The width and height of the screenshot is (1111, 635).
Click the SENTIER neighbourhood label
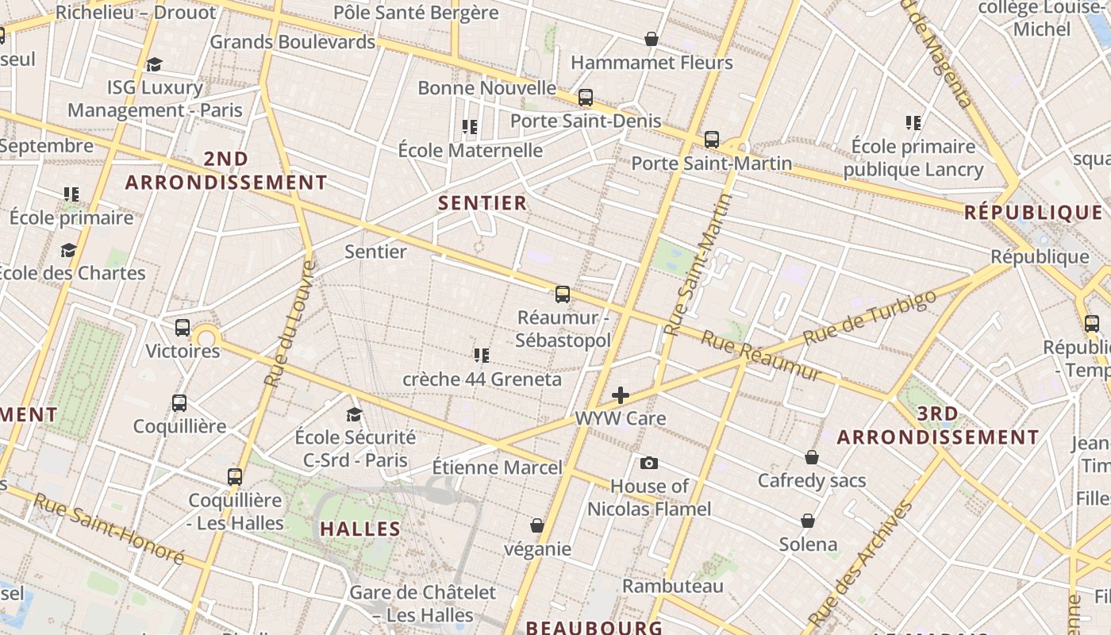482,203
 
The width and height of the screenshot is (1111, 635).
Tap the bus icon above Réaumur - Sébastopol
563,294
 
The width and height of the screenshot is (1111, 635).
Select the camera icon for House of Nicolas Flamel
649,464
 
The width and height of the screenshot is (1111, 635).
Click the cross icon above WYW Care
621,394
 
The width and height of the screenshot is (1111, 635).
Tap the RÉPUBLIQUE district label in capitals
1033,213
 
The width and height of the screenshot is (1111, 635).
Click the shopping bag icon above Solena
808,521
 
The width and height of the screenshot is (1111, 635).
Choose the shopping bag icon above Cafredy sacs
812,457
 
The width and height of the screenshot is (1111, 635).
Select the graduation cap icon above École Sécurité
354,414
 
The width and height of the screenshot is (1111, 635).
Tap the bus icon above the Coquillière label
179,403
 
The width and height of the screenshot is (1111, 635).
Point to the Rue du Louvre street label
290,324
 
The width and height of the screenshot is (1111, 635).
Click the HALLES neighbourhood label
360,529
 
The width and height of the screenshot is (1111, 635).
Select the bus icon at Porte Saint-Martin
712,140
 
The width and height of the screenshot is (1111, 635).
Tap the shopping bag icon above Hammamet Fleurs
652,39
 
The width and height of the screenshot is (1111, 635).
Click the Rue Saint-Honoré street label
109,529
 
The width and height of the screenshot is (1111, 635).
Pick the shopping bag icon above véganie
537,525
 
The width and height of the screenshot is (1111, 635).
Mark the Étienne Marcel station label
497,468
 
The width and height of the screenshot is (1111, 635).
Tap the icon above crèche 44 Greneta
481,355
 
